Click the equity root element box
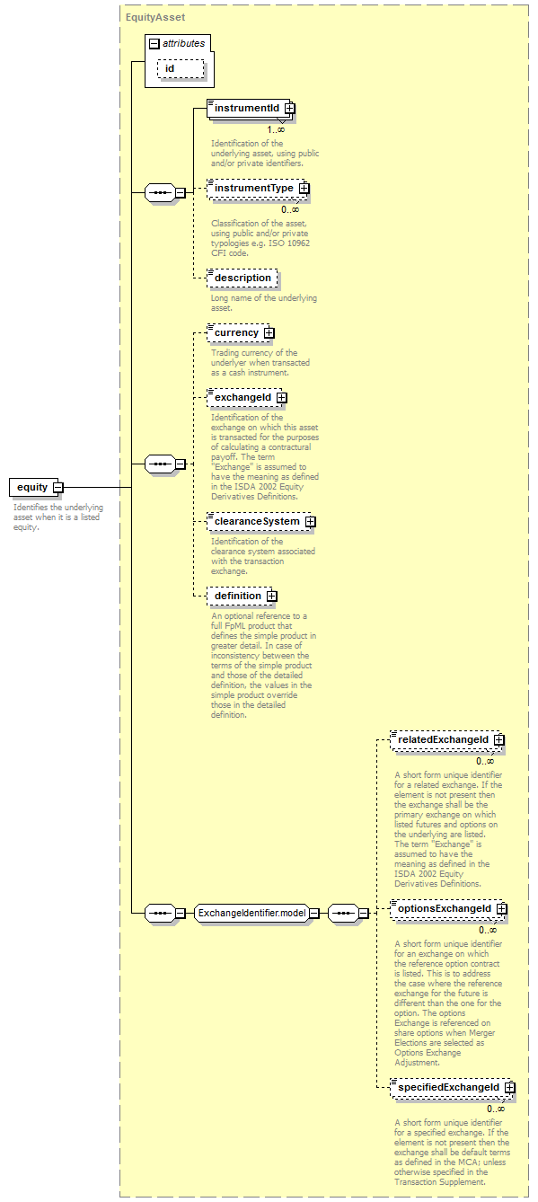(37, 487)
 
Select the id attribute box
(181, 68)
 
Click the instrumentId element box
(251, 109)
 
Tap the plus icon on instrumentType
(304, 189)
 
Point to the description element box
(243, 278)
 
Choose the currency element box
(241, 332)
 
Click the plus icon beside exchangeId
(282, 398)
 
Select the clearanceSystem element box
(261, 522)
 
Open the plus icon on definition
(272, 597)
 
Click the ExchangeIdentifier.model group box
(252, 913)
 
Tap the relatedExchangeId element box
(447, 740)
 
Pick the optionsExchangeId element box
(448, 909)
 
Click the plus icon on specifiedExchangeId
(510, 1088)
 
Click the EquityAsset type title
(155, 17)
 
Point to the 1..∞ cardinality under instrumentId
(276, 130)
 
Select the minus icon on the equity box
(58, 488)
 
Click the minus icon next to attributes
(154, 44)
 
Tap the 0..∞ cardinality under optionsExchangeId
(488, 931)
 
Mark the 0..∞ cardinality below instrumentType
(290, 210)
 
